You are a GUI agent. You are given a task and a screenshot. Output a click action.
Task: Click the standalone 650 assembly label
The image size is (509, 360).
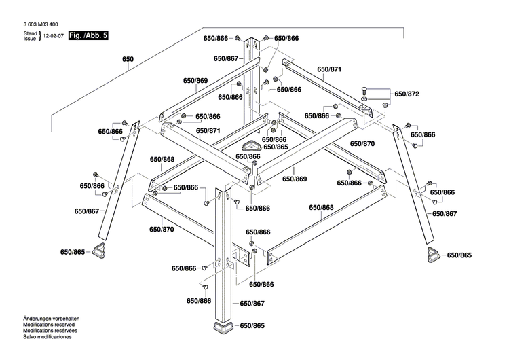(128, 59)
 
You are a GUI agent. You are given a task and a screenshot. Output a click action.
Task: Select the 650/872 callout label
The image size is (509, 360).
(407, 94)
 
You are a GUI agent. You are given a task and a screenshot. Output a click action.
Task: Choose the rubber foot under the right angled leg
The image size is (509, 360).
(433, 255)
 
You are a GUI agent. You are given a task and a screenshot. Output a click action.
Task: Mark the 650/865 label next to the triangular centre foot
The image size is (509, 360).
(276, 147)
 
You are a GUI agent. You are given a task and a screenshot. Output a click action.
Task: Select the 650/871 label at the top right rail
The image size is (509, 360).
(329, 70)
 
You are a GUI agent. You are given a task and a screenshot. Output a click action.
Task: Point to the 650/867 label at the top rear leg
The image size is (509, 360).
(225, 59)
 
